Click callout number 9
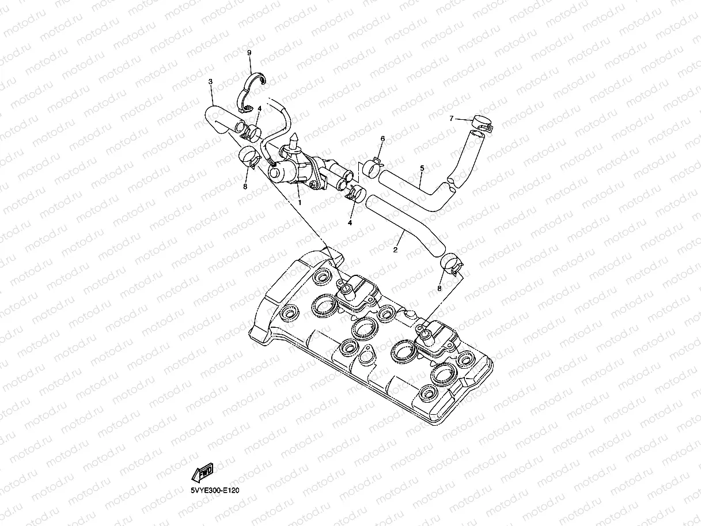(x=249, y=52)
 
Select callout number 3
(x=210, y=82)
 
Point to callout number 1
(x=300, y=202)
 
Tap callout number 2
(x=395, y=250)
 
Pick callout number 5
(x=422, y=168)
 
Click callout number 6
(x=382, y=139)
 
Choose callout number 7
(x=452, y=119)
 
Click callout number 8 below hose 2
(x=439, y=288)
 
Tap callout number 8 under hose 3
(x=245, y=186)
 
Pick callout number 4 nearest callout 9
(x=260, y=108)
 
